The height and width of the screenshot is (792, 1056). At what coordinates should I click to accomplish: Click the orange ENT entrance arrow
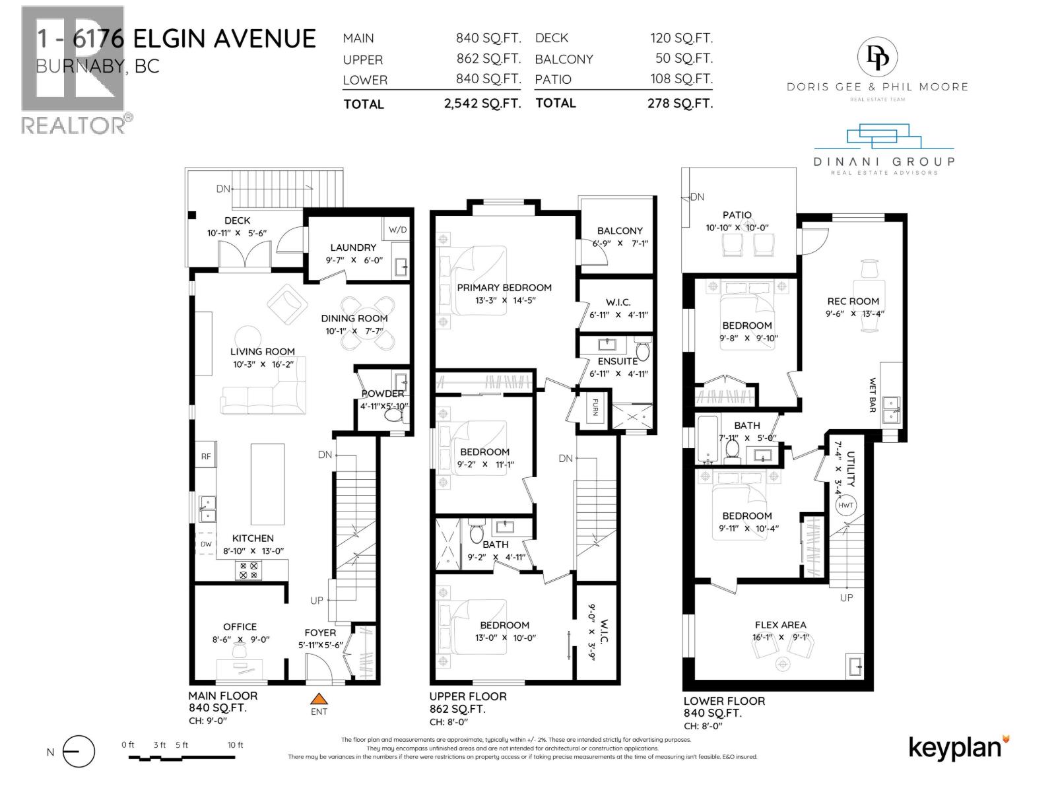point(319,698)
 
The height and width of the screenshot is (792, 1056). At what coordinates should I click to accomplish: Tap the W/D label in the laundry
point(398,230)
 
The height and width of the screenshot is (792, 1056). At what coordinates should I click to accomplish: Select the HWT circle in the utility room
point(845,505)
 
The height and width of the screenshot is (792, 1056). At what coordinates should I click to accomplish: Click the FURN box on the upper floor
point(595,407)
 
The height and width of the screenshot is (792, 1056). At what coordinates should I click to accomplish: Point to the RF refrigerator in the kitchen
point(206,456)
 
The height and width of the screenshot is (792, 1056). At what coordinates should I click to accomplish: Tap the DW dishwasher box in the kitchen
point(206,544)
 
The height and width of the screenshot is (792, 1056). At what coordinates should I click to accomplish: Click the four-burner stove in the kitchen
point(249,570)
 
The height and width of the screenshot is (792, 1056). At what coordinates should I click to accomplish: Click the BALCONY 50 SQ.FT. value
point(684,59)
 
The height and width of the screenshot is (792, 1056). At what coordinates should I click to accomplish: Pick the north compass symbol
point(79,752)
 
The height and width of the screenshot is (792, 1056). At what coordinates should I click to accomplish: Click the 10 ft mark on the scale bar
point(236,745)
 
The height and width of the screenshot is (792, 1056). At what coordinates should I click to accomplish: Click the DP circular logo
point(877,58)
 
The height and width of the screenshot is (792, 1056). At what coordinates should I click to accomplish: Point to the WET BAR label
point(872,395)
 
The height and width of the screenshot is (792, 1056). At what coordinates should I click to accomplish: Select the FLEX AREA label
point(780,624)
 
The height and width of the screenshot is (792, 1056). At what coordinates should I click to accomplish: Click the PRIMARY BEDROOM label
point(504,288)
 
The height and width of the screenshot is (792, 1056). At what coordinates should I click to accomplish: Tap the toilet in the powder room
point(393,415)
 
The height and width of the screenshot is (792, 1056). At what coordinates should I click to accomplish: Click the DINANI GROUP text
point(884,162)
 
